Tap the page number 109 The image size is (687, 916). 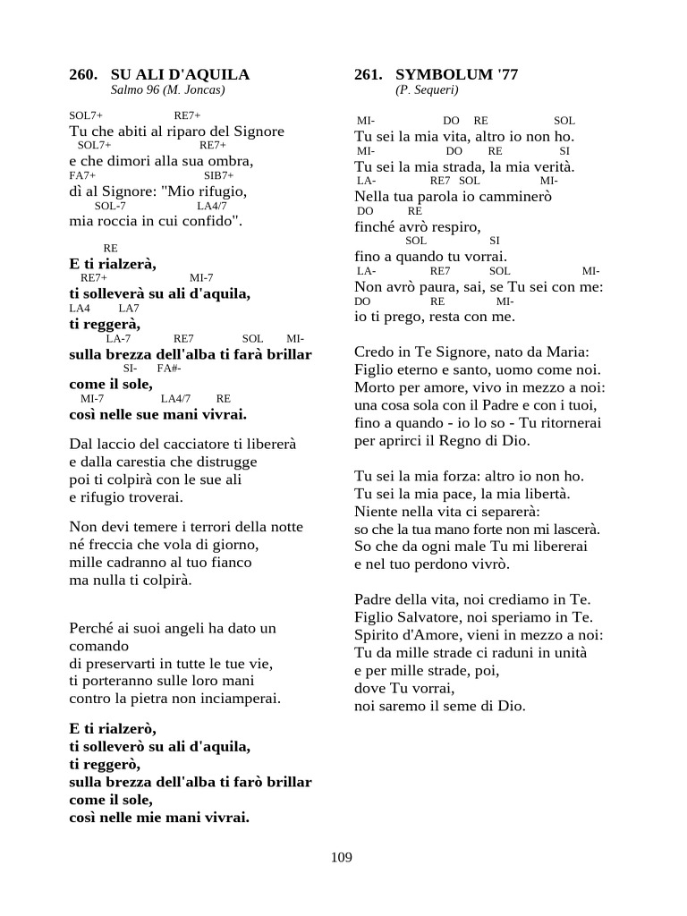pyautogui.click(x=341, y=857)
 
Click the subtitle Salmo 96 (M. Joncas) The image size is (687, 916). pyautogui.click(x=167, y=90)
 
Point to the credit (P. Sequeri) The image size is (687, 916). pyautogui.click(x=427, y=90)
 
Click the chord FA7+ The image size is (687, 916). pyautogui.click(x=82, y=175)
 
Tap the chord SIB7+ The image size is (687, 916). pyautogui.click(x=218, y=175)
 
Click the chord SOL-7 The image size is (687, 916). pyautogui.click(x=110, y=206)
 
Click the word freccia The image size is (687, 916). pyautogui.click(x=107, y=545)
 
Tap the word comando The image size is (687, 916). pyautogui.click(x=98, y=645)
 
